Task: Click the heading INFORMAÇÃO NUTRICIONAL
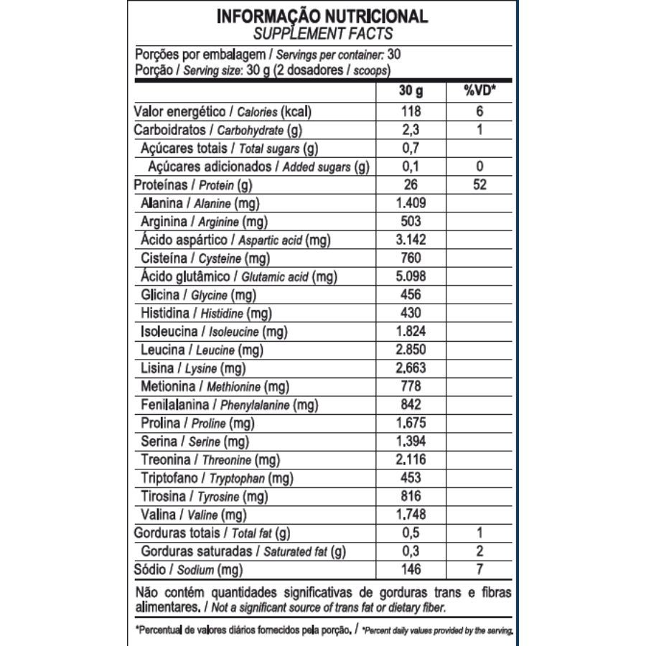point(322,16)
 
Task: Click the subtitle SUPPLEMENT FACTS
point(322,33)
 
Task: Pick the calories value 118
point(411,112)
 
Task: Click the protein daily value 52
point(479,185)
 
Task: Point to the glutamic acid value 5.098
point(411,276)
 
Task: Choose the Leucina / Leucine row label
point(202,350)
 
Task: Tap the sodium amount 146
point(411,570)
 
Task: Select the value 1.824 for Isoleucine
point(411,332)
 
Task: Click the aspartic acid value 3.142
point(411,240)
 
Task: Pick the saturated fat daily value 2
point(479,551)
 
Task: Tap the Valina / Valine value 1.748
point(411,515)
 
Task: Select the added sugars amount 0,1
point(411,167)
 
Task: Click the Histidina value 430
point(411,314)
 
